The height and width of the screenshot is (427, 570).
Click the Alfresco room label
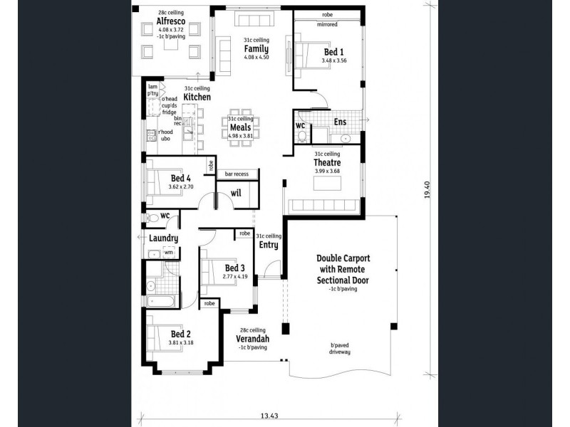pos(171,21)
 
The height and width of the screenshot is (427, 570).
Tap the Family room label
pos(256,48)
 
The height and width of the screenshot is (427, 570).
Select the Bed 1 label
pos(333,52)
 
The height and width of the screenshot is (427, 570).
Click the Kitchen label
pos(197,96)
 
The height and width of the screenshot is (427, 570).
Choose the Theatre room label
pos(327,162)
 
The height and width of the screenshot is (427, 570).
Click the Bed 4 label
pos(180,178)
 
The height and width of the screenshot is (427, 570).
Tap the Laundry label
pos(163,238)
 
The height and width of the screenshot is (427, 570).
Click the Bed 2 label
pos(180,334)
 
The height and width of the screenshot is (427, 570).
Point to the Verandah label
pos(252,339)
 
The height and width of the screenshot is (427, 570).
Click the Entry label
pos(269,245)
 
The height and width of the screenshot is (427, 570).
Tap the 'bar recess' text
pos(237,174)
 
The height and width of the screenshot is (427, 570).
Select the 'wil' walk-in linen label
pos(236,191)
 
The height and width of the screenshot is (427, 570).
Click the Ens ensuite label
pos(341,122)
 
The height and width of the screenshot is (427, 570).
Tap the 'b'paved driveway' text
pos(340,349)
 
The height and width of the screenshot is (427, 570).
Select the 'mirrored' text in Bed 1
pos(328,25)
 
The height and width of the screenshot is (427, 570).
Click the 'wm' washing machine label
pos(168,252)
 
